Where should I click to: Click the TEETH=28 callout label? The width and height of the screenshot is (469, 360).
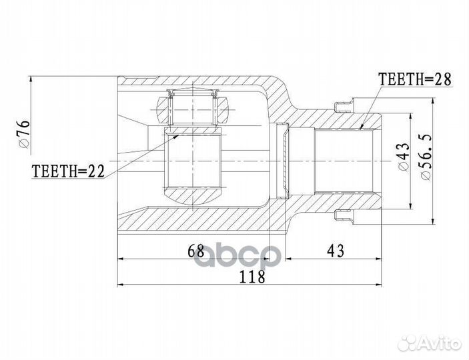(x=414, y=80)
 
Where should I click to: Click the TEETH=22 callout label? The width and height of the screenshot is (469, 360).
(x=69, y=171)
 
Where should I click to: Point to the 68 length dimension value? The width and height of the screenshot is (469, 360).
(x=195, y=252)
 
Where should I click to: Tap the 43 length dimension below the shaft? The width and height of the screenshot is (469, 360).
(x=336, y=252)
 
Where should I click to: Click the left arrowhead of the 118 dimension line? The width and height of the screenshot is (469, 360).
(x=121, y=284)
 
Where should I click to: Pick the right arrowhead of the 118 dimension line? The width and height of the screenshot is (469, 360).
(x=382, y=284)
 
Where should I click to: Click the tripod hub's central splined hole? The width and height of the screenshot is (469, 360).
(x=193, y=160)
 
